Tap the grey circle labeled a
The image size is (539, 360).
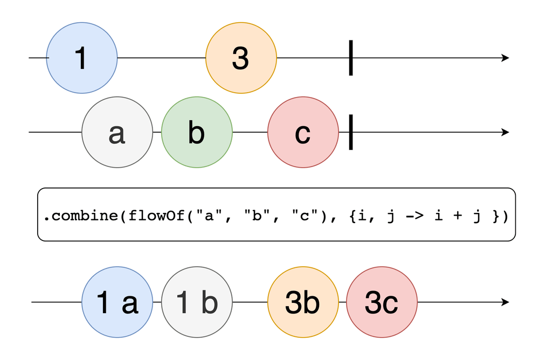point(117,132)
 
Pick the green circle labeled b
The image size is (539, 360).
point(197,132)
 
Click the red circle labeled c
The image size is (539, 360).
point(303,132)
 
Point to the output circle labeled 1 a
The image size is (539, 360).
point(117,303)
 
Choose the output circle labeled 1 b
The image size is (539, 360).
point(197,303)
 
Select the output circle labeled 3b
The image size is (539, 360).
point(303,303)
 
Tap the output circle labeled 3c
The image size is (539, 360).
point(381,303)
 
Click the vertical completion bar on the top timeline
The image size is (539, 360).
point(351,58)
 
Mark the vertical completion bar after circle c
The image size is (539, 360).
point(351,132)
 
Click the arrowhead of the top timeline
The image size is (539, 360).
point(505,58)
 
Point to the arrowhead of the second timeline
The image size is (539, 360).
point(505,132)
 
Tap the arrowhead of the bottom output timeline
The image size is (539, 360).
point(505,303)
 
